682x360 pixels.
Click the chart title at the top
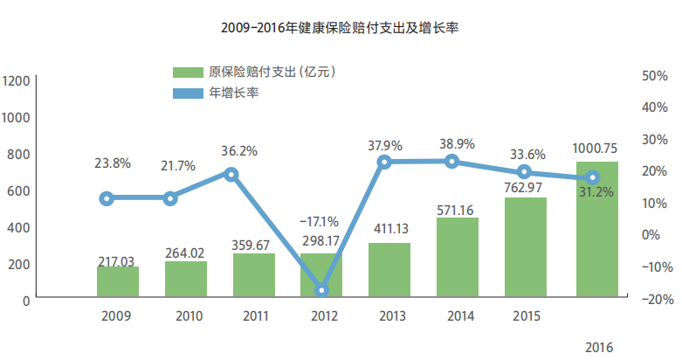pos(341,28)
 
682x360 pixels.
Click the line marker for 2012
pos(322,290)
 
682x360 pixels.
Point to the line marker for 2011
pos(231,174)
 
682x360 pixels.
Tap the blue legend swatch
pos(187,92)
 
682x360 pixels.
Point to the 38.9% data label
pos(457,143)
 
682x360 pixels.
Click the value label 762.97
pos(525,187)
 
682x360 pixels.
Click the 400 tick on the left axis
pos(20,226)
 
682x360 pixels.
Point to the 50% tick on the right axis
pos(654,76)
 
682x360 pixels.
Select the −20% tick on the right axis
pos(652,299)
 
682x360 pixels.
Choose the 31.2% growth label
pos(596,191)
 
